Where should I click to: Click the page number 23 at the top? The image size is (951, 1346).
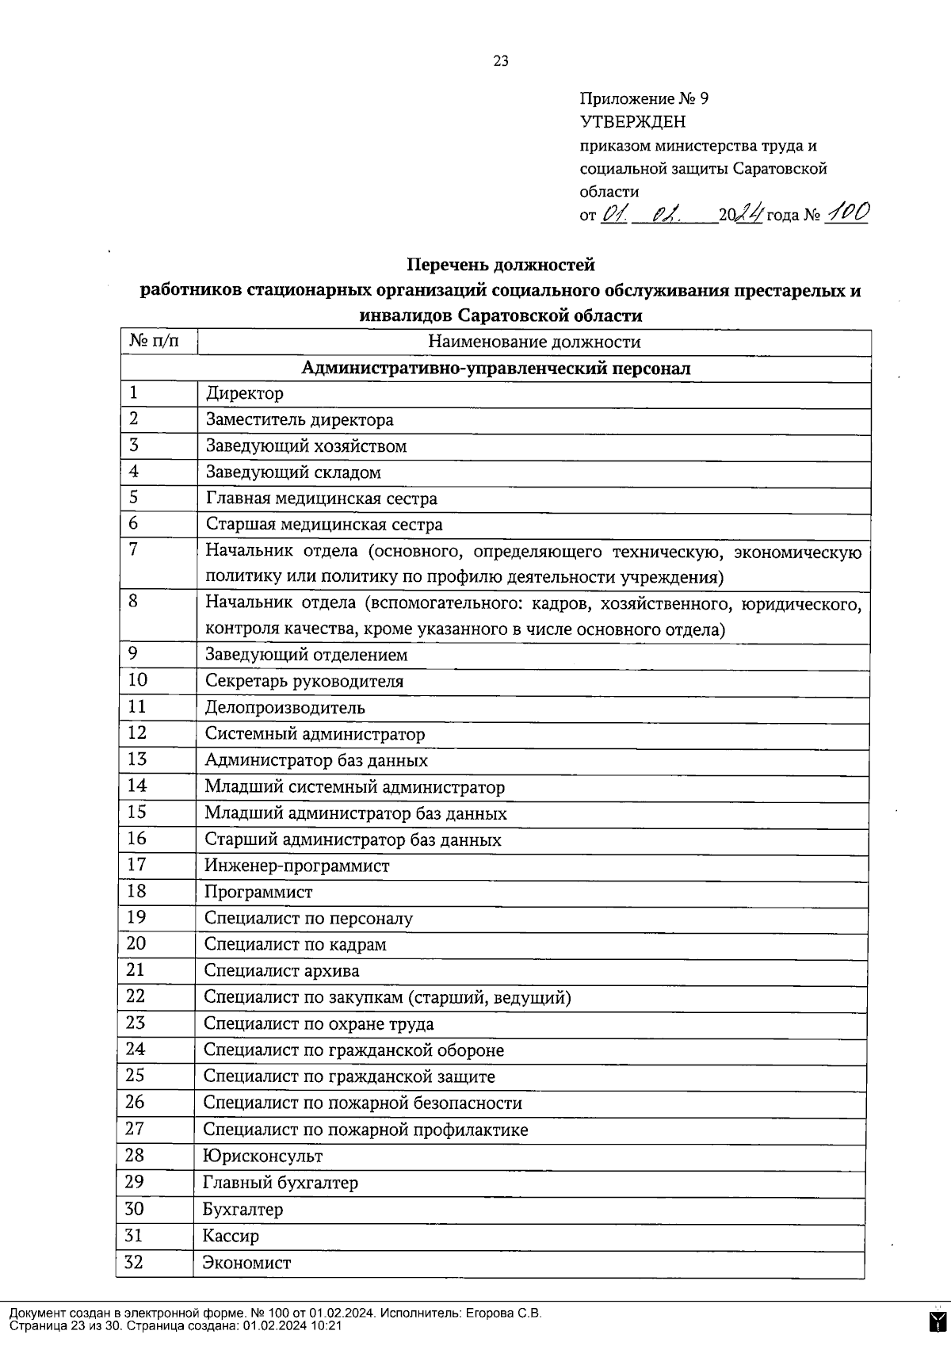[501, 62]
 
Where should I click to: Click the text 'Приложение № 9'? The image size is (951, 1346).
[644, 99]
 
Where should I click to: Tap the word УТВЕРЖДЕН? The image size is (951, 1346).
[633, 122]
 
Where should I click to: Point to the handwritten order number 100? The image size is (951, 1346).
[846, 212]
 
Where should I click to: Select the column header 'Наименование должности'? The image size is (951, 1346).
[534, 342]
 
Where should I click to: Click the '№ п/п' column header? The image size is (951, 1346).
[156, 342]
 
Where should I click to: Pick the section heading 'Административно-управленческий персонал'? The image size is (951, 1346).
[496, 369]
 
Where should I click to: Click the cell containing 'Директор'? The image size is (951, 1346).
[245, 393]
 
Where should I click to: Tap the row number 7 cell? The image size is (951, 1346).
[134, 549]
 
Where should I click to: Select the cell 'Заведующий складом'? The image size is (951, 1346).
[293, 472]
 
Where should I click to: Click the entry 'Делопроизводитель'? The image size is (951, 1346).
[285, 708]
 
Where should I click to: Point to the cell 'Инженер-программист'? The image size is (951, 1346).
[297, 866]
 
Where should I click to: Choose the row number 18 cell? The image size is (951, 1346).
[136, 891]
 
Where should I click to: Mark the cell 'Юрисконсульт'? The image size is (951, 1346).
[263, 1157]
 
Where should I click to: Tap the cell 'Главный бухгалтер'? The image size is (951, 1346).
[281, 1183]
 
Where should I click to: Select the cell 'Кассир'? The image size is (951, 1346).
[231, 1236]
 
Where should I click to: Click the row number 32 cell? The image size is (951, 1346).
[135, 1262]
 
